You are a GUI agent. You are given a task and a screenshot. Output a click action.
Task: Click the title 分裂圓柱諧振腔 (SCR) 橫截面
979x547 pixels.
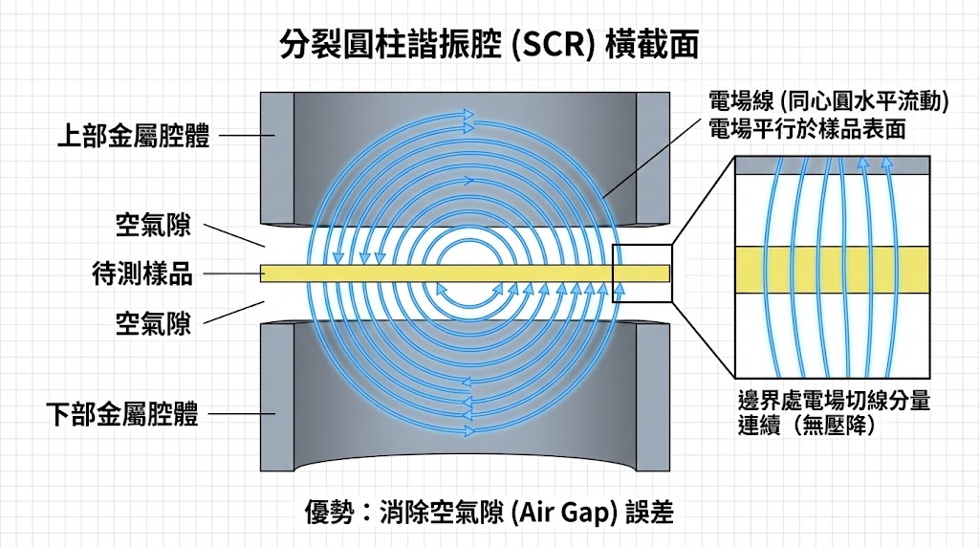(489, 44)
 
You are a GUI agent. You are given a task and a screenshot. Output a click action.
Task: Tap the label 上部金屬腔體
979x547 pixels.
(133, 136)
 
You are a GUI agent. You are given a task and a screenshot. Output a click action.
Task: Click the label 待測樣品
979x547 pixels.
(141, 274)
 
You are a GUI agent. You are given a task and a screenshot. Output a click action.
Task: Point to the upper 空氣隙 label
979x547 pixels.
(153, 227)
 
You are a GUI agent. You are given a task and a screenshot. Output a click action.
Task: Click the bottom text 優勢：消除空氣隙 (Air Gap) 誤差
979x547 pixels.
(489, 512)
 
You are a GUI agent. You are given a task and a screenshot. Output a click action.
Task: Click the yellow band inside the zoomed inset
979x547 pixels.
(832, 269)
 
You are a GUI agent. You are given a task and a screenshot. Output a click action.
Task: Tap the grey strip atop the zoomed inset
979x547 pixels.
(832, 164)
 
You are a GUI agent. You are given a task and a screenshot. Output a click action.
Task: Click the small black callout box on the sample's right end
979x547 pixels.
(642, 273)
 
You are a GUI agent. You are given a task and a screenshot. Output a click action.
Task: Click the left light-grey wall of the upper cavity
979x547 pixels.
(277, 153)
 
